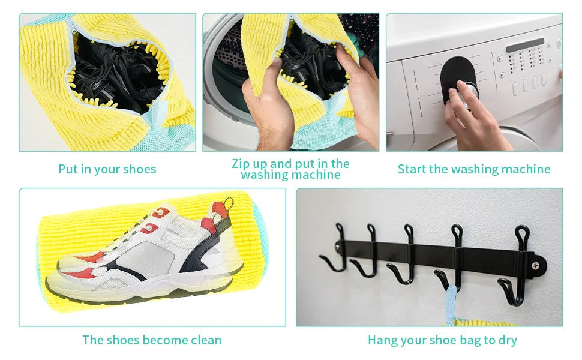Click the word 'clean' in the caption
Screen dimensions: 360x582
pos(203,340)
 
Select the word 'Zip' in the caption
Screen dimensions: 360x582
pos(242,164)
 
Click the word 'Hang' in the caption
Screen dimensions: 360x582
pos(382,340)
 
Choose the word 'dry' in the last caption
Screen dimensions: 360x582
pos(507,340)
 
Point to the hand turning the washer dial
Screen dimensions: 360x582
pos(474,114)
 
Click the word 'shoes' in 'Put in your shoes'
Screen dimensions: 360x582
pos(139,169)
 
